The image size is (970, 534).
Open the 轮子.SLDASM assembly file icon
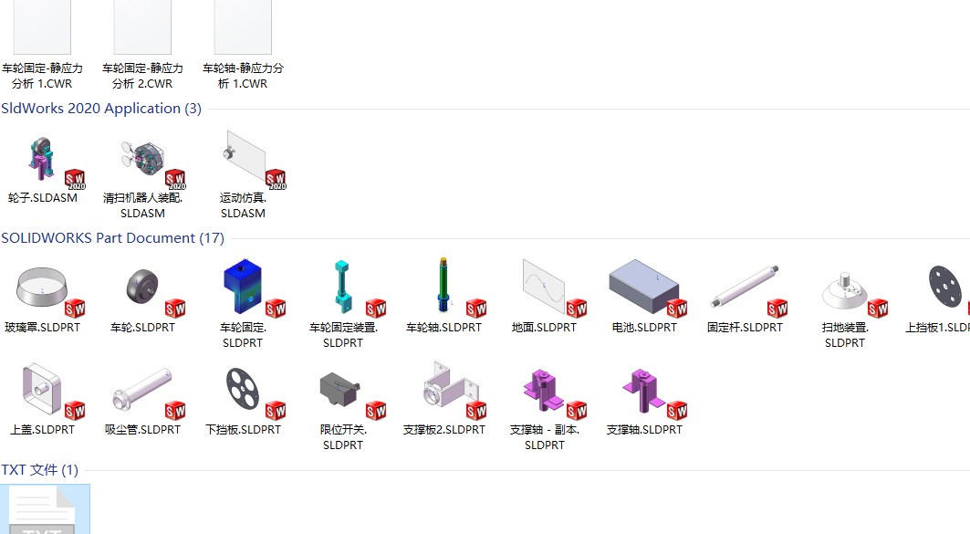pos(42,159)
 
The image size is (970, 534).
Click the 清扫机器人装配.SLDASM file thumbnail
pos(143,159)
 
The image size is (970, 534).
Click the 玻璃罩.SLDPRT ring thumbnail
pos(42,286)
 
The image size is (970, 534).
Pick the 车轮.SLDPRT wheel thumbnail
pos(142,287)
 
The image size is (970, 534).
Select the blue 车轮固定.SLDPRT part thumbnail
pos(243,286)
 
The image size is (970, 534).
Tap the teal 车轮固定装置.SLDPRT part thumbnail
pos(342,286)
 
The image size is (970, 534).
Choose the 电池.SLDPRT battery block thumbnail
pos(643,286)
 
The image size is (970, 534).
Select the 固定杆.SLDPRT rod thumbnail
pos(745,286)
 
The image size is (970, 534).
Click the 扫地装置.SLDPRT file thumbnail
pos(844,291)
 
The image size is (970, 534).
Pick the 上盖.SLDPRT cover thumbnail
pos(42,389)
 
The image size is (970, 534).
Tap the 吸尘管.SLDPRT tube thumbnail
pos(142,389)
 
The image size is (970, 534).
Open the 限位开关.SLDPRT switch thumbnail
pos(339,389)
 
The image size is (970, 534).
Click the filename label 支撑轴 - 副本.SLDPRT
pos(545,437)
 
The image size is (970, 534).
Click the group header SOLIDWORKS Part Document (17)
pos(112,238)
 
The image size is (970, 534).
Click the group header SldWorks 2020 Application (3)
pos(101,109)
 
